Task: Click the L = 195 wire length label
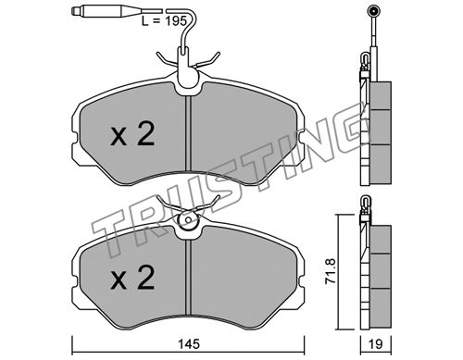click(164, 21)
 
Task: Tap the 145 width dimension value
click(189, 343)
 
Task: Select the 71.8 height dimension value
click(331, 271)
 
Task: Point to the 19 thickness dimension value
click(376, 343)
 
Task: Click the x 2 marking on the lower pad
click(132, 278)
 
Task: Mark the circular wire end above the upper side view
click(373, 12)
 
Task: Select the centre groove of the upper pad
click(189, 134)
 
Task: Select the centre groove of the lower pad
click(189, 278)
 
